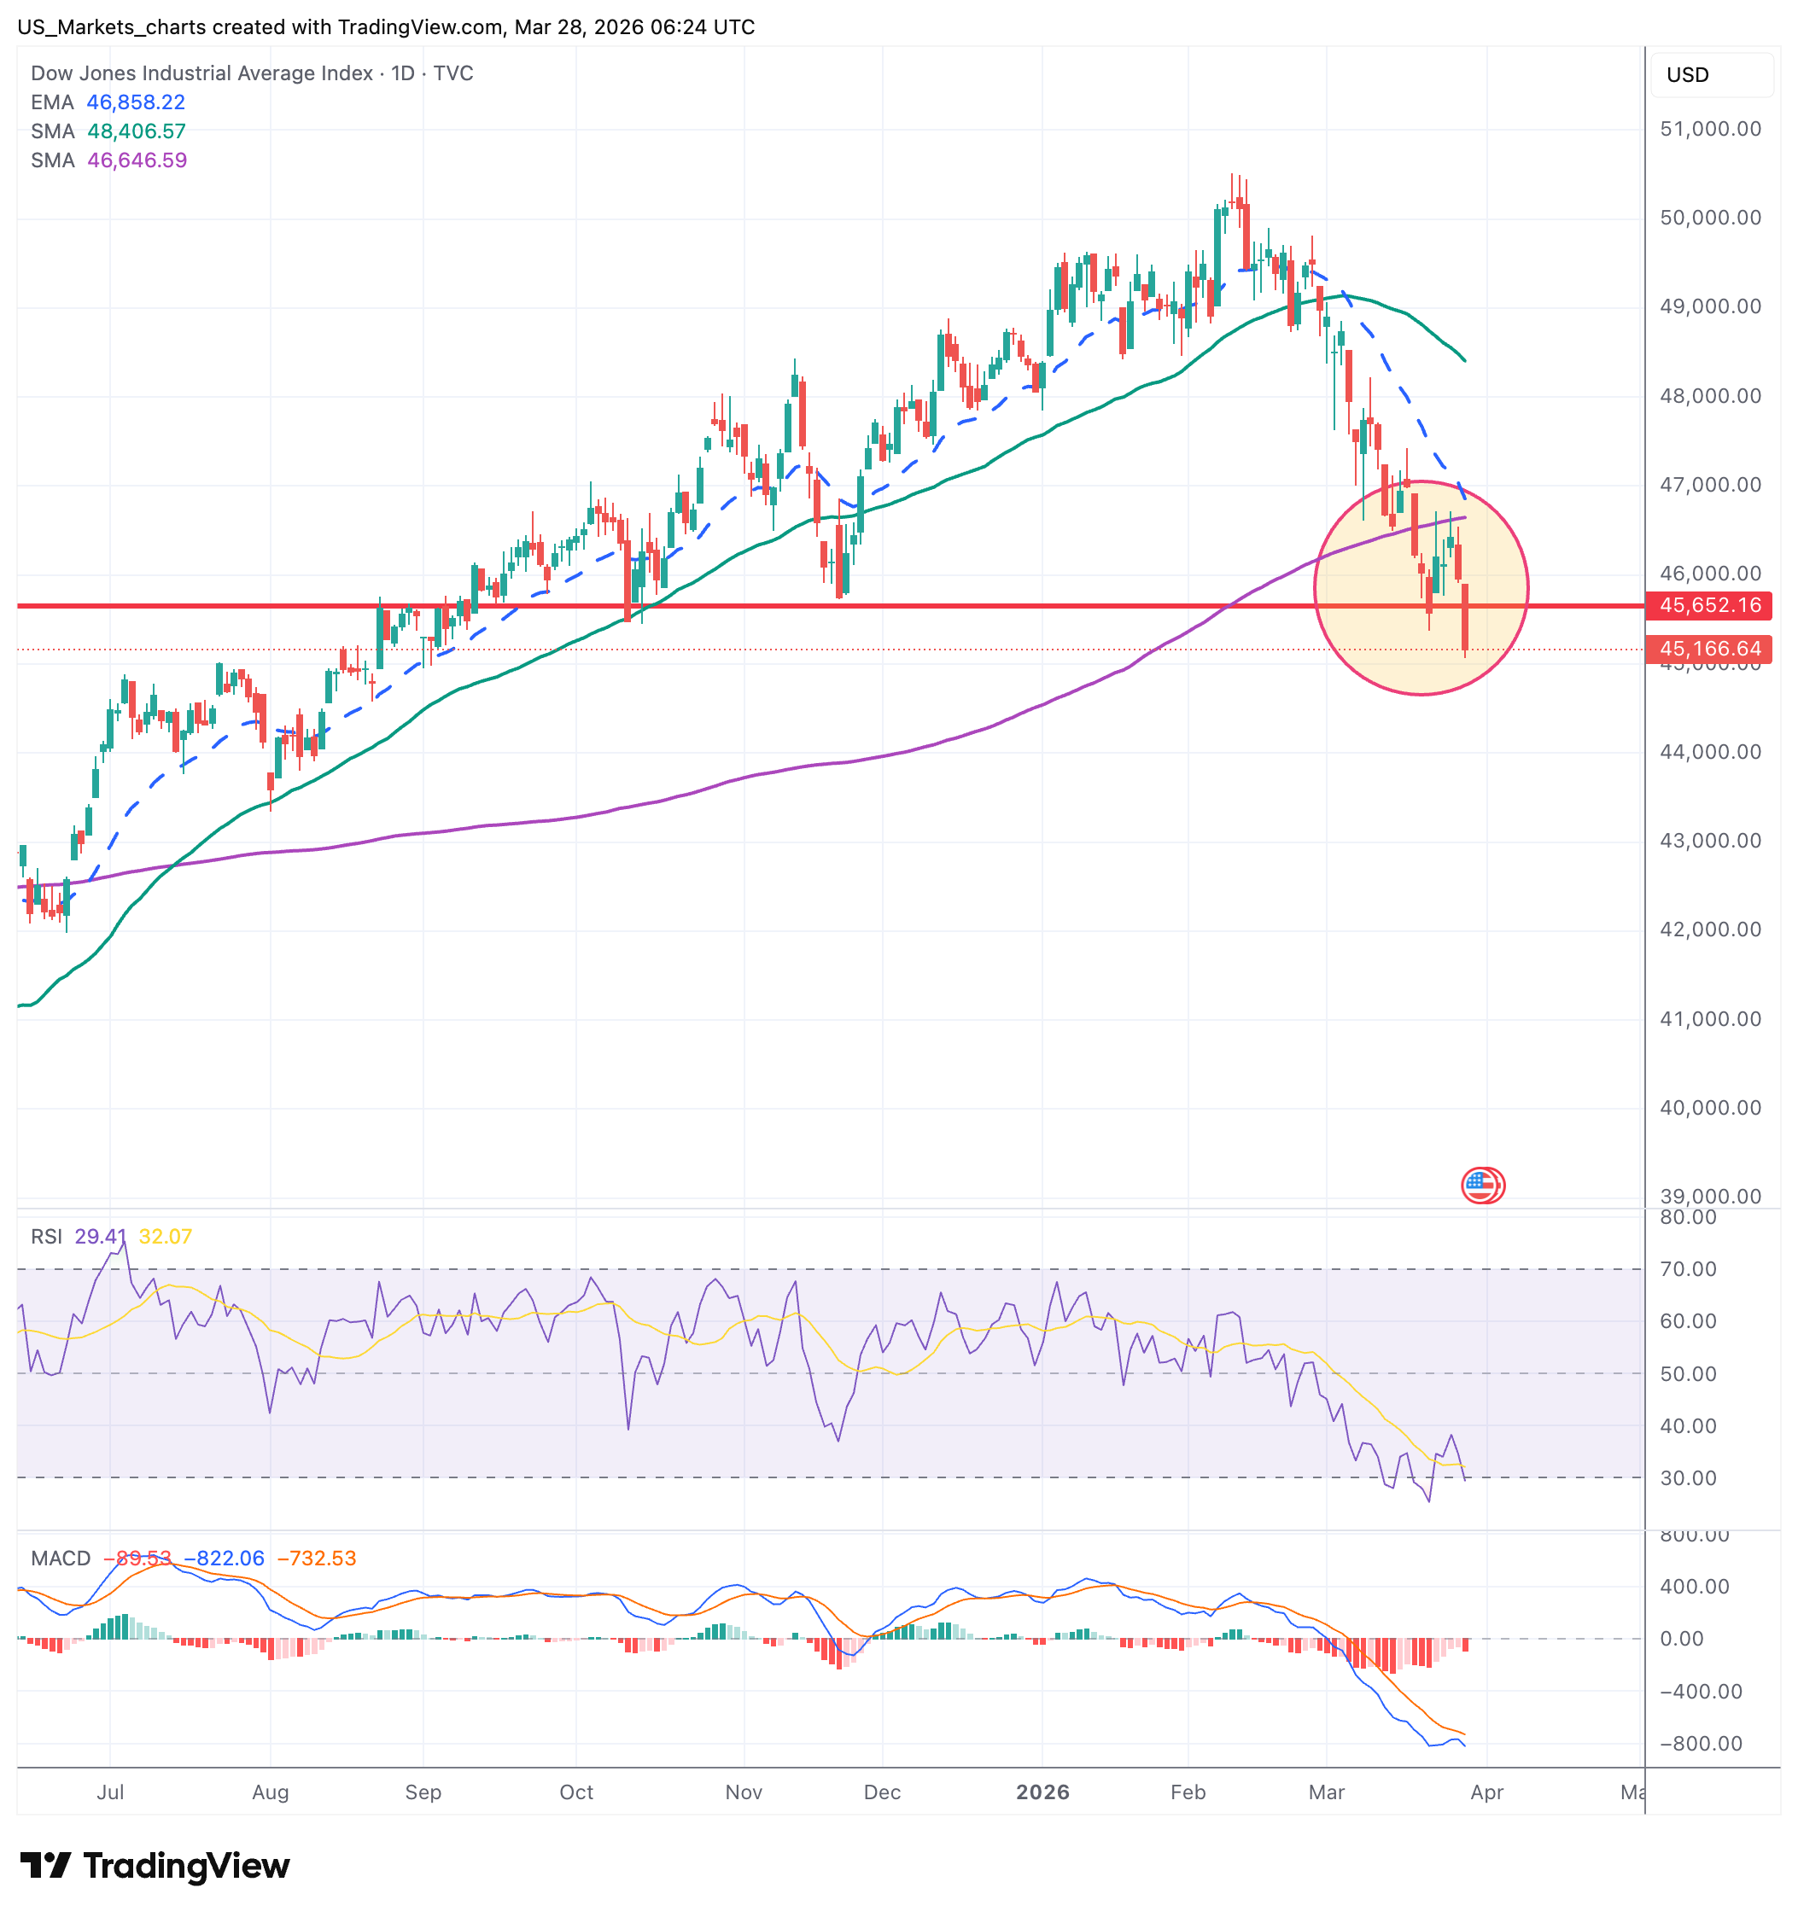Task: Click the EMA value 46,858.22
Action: (x=135, y=102)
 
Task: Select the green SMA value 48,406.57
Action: (x=136, y=131)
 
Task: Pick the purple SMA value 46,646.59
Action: (x=137, y=160)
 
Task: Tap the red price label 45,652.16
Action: (x=1709, y=606)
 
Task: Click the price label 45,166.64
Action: (x=1709, y=649)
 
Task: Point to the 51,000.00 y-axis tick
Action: (x=1709, y=129)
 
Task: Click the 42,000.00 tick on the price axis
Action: (x=1709, y=929)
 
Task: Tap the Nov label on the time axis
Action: (x=743, y=1792)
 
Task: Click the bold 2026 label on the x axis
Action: (x=1042, y=1792)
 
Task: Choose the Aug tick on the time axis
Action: (x=270, y=1792)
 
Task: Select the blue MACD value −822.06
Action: (x=224, y=1559)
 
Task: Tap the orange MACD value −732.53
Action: (x=317, y=1559)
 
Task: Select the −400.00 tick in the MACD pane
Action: (x=1700, y=1692)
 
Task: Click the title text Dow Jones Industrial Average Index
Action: (x=201, y=73)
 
